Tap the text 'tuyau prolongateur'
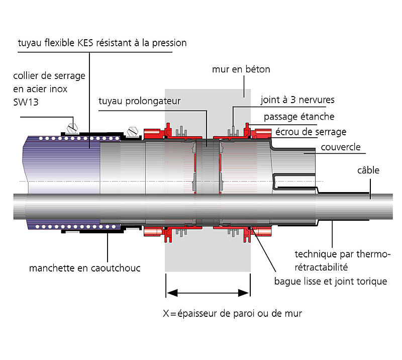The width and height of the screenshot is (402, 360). tap(139, 101)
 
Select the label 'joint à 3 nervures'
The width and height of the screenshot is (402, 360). tap(297, 100)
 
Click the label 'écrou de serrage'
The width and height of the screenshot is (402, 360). tap(311, 132)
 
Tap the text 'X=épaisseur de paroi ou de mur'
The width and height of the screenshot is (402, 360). tap(232, 313)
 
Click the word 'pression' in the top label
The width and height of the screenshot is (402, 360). tap(170, 43)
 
